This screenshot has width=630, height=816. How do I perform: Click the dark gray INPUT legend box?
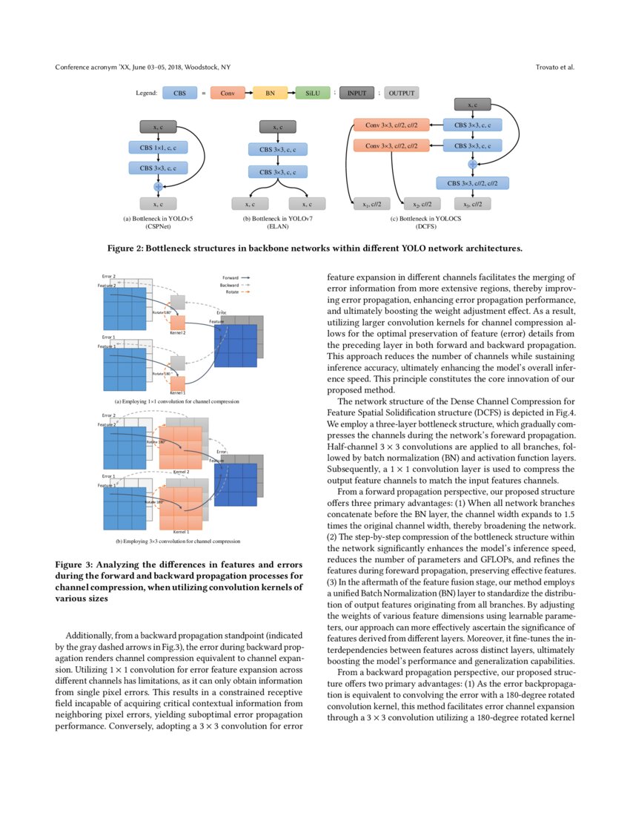tap(357, 93)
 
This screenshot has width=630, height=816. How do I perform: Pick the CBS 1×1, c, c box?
tap(157, 148)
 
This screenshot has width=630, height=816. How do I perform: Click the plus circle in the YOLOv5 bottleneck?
tap(157, 186)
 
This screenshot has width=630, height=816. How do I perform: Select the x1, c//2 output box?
tap(369, 203)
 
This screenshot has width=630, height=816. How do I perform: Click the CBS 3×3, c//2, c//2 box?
tap(472, 182)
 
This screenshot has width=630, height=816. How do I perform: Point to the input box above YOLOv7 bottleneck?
tap(276, 128)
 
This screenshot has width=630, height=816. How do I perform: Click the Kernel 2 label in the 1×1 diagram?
tap(177, 333)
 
